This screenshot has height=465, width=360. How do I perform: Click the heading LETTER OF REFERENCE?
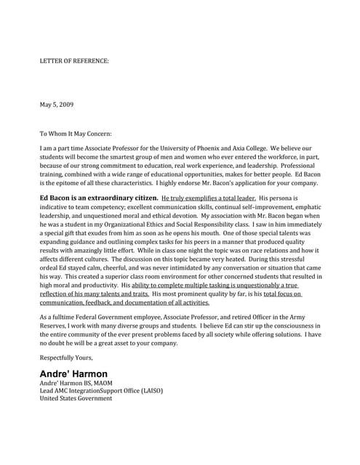[74, 61]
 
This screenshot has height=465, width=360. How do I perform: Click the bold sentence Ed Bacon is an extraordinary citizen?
[97, 198]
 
